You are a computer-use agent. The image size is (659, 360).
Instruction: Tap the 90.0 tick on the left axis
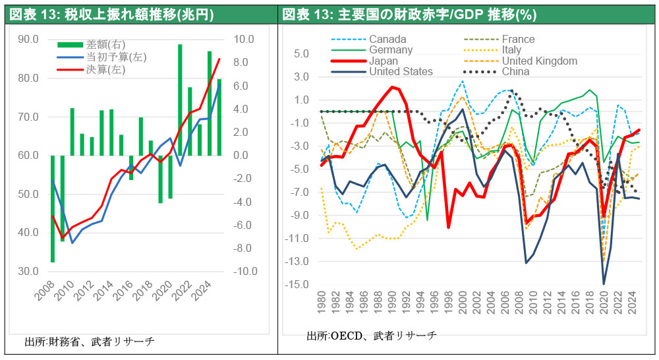(x=28, y=40)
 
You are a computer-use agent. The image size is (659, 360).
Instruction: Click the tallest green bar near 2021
(x=180, y=100)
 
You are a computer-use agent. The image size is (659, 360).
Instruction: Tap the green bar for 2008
(x=51, y=208)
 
